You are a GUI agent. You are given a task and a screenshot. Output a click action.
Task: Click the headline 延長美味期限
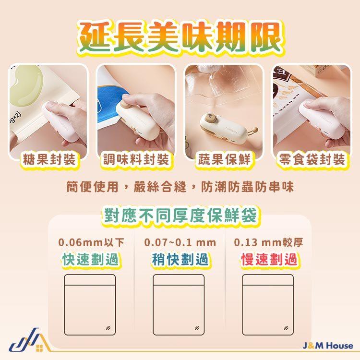click(x=180, y=37)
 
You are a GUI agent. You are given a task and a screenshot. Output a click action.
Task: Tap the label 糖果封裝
click(x=49, y=159)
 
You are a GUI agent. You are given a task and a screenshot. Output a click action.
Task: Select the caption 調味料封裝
click(x=136, y=159)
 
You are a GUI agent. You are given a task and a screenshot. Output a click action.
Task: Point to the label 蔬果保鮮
click(x=224, y=159)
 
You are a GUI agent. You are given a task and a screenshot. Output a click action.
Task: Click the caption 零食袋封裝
click(x=312, y=159)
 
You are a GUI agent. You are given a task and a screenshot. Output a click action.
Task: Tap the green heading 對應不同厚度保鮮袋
click(x=180, y=216)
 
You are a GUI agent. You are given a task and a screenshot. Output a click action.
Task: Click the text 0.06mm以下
click(x=91, y=242)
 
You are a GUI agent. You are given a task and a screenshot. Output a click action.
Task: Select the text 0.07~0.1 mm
click(x=180, y=243)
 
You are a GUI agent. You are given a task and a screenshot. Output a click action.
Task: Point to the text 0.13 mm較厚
click(x=268, y=242)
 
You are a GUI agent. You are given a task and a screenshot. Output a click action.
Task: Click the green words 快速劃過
click(x=90, y=259)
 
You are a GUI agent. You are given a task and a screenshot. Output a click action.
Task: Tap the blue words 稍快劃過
click(x=180, y=259)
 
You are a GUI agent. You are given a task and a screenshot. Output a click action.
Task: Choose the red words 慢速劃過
click(x=269, y=259)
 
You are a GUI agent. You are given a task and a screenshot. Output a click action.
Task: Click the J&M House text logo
click(x=328, y=346)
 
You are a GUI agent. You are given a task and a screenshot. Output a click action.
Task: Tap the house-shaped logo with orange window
click(x=30, y=340)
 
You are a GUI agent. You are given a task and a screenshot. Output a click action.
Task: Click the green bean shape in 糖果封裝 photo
click(x=27, y=85)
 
